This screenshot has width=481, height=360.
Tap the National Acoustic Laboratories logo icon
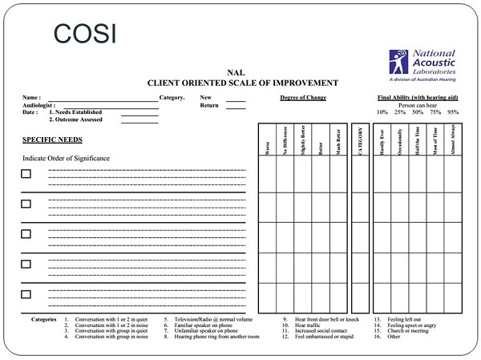398,61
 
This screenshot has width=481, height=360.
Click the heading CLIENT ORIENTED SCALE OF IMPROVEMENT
243,83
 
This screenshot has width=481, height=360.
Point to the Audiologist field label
38,105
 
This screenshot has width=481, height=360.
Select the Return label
209,105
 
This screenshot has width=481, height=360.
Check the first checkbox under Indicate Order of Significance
26,174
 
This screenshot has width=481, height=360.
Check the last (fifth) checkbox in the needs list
26,293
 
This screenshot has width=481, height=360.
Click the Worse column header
266,144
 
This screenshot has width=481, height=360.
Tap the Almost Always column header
455,140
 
